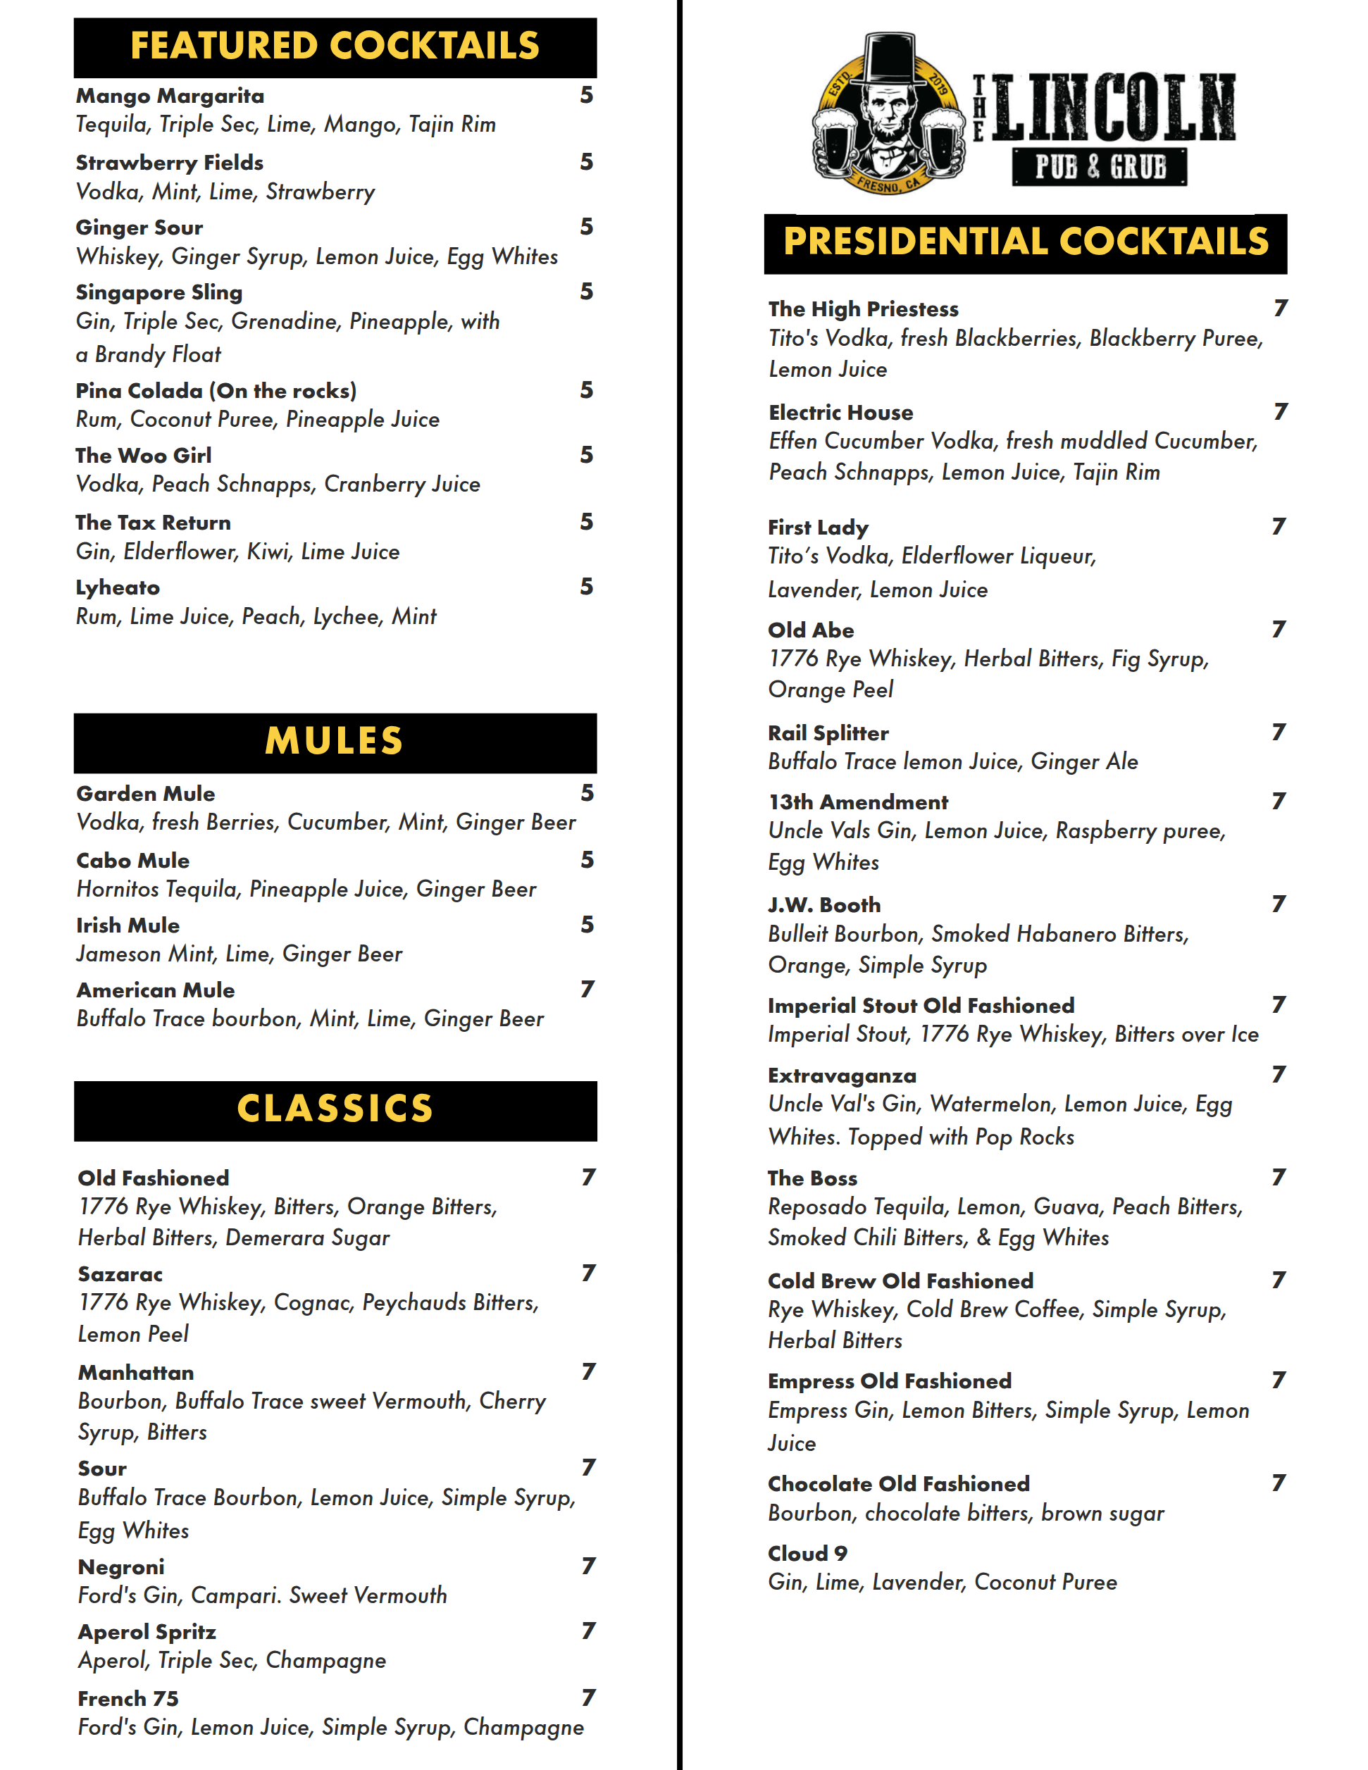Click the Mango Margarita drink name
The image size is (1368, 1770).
170,96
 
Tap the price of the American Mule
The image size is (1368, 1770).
587,990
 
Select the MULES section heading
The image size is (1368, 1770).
335,742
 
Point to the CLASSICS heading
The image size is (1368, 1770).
335,1109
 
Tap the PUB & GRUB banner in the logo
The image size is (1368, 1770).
1100,167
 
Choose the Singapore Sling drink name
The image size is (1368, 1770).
158,292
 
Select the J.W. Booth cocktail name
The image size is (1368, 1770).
824,905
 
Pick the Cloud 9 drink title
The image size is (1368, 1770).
807,1554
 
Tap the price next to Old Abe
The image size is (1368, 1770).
1279,630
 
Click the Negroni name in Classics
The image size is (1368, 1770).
120,1567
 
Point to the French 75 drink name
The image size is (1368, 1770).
128,1699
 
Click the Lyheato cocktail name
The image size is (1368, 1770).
118,587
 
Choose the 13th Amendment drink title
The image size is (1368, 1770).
858,802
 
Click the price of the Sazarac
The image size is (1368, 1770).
588,1273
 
